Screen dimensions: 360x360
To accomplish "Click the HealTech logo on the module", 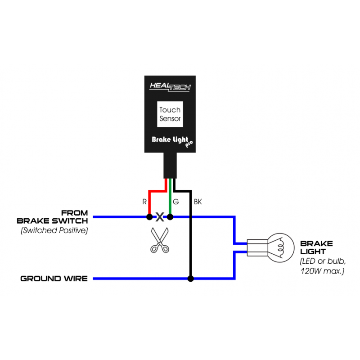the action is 170,87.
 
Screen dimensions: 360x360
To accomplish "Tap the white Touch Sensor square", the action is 170,114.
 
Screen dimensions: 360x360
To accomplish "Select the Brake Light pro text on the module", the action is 172,141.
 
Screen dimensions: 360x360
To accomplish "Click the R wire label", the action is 144,202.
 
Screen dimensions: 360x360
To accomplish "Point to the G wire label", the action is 176,202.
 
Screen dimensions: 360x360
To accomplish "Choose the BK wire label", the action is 198,202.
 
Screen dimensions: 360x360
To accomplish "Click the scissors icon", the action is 160,240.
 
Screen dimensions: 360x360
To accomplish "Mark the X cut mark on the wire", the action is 160,217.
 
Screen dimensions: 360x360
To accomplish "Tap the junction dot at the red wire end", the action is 149,217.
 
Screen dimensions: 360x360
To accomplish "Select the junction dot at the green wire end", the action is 170,217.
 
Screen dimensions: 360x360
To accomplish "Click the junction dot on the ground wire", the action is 190,279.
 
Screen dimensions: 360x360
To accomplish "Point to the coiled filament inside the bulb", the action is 280,247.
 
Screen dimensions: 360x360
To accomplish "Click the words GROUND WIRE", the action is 54,279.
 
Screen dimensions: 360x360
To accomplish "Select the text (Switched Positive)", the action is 54,230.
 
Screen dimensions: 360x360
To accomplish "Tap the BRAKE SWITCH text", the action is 52,221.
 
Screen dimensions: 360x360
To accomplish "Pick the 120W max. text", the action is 322,271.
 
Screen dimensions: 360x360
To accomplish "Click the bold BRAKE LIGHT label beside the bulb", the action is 316,247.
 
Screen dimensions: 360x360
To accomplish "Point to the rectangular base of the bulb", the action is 257,248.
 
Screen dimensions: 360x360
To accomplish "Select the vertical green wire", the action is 170,197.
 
